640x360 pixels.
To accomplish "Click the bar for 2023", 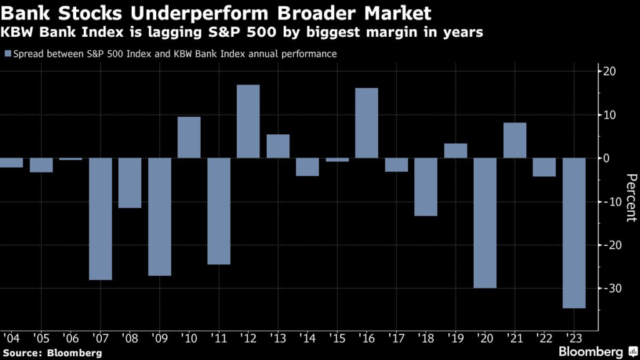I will [x=574, y=232].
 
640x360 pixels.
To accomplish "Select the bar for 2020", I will [x=485, y=222].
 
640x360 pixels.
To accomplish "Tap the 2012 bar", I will [x=248, y=121].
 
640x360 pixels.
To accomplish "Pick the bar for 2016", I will [x=366, y=123].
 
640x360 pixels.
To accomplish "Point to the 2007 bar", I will [x=100, y=219].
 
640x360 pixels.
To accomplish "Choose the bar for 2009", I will [x=159, y=216].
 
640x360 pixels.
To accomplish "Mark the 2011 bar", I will [x=219, y=211].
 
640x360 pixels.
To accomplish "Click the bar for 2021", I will [x=514, y=140].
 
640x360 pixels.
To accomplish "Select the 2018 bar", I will [x=426, y=187].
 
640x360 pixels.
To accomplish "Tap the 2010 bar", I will [x=189, y=137].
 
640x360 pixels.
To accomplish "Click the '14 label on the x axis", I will [x=307, y=337].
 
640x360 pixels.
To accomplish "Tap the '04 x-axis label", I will [x=11, y=337].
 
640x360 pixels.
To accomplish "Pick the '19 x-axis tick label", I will [x=455, y=337].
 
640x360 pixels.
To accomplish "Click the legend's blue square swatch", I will [x=7, y=54].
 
